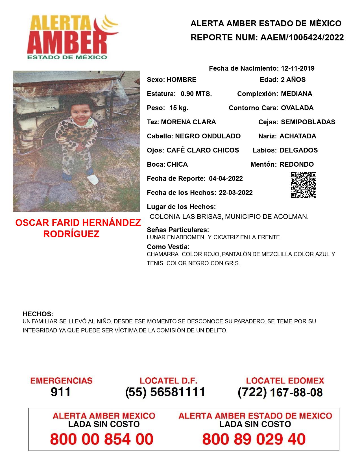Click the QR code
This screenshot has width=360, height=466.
[x=303, y=185]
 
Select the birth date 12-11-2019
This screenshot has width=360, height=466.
[x=298, y=68]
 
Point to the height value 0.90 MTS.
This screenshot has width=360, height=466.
[x=196, y=94]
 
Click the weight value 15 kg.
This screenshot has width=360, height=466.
[x=179, y=108]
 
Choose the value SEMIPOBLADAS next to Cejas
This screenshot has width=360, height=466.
[x=308, y=122]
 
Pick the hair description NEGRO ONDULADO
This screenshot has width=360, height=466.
[x=208, y=136]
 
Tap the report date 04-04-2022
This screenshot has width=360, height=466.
[x=226, y=178]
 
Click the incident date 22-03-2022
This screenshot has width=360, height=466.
[x=235, y=193]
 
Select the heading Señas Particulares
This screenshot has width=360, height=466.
[x=178, y=230]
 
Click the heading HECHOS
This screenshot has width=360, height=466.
[x=38, y=314]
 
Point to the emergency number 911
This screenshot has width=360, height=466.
[x=60, y=392]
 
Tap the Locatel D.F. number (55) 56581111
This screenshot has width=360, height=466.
[x=165, y=392]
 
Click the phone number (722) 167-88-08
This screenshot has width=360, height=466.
[x=280, y=392]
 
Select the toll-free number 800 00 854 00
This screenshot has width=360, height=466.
[x=102, y=439]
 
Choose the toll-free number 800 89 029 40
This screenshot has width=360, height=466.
[x=254, y=439]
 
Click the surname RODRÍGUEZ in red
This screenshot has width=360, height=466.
[x=71, y=234]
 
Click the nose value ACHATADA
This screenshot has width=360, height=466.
[x=298, y=136]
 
